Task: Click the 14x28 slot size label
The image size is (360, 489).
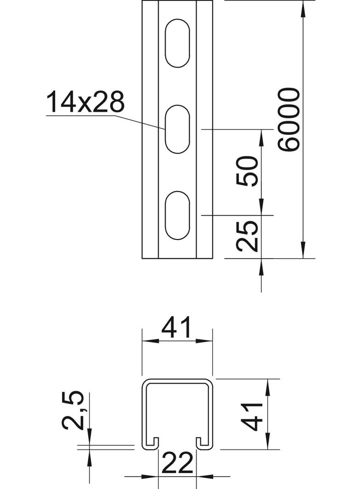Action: tap(85, 102)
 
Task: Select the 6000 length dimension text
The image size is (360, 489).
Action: tap(289, 120)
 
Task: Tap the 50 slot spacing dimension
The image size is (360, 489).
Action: tap(247, 172)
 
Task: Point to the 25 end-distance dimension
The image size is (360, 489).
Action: tap(247, 236)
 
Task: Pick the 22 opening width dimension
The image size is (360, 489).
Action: tap(177, 463)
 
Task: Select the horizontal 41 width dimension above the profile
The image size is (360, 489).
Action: tap(176, 328)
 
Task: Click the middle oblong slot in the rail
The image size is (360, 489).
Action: tap(177, 129)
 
